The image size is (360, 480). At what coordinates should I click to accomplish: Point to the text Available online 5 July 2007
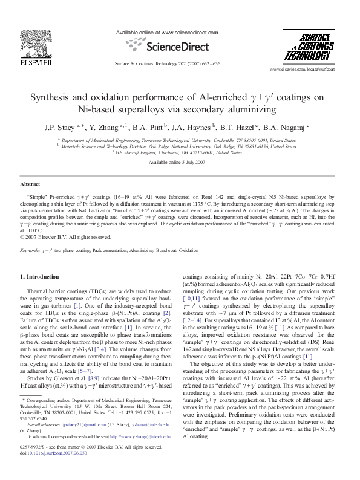[179, 163]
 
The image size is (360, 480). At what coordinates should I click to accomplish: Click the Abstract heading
[30, 183]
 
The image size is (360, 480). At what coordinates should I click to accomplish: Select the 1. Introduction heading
[41, 276]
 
